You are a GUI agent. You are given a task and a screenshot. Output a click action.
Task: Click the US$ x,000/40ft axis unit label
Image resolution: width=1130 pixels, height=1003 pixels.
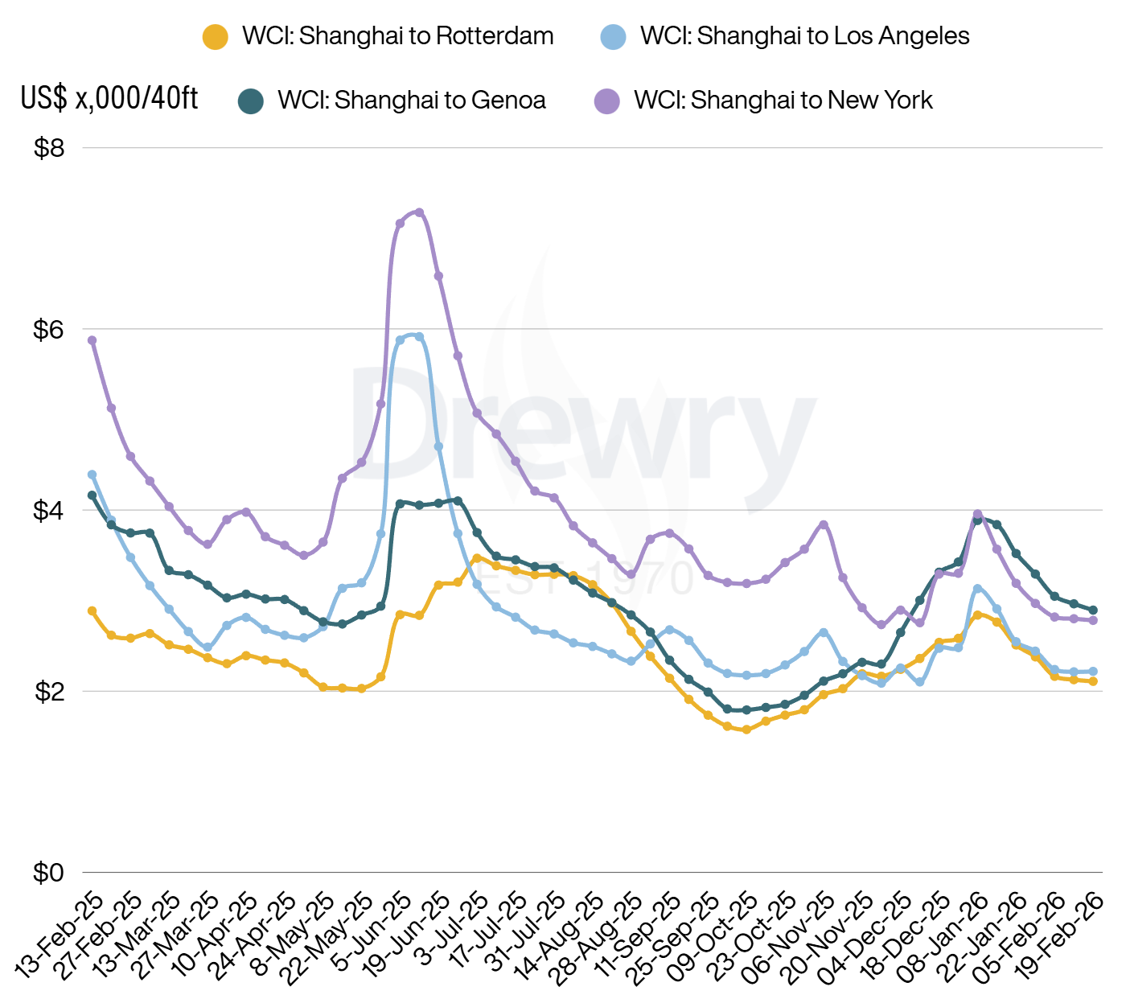pyautogui.click(x=109, y=98)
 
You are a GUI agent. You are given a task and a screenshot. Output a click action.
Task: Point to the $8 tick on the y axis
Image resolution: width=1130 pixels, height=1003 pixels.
pyautogui.click(x=48, y=148)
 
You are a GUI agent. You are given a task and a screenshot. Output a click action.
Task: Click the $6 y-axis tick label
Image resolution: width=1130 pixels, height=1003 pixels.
pyautogui.click(x=48, y=329)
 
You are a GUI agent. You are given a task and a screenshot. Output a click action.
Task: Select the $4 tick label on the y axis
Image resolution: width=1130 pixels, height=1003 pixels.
pyautogui.click(x=48, y=510)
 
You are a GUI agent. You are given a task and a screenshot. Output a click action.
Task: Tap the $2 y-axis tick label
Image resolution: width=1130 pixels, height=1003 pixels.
pyautogui.click(x=48, y=691)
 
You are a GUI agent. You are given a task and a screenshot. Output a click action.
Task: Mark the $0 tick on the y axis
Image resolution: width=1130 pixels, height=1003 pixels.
pyautogui.click(x=48, y=873)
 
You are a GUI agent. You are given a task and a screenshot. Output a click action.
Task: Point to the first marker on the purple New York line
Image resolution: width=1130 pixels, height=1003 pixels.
pyautogui.click(x=92, y=340)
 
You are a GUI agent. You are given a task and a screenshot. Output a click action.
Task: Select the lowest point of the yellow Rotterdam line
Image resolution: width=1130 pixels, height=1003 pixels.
pyautogui.click(x=746, y=730)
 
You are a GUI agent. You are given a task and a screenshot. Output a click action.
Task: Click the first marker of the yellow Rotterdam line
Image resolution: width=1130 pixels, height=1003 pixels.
pyautogui.click(x=92, y=611)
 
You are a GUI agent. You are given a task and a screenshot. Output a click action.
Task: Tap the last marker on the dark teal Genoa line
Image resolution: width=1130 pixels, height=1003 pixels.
pyautogui.click(x=1093, y=610)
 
